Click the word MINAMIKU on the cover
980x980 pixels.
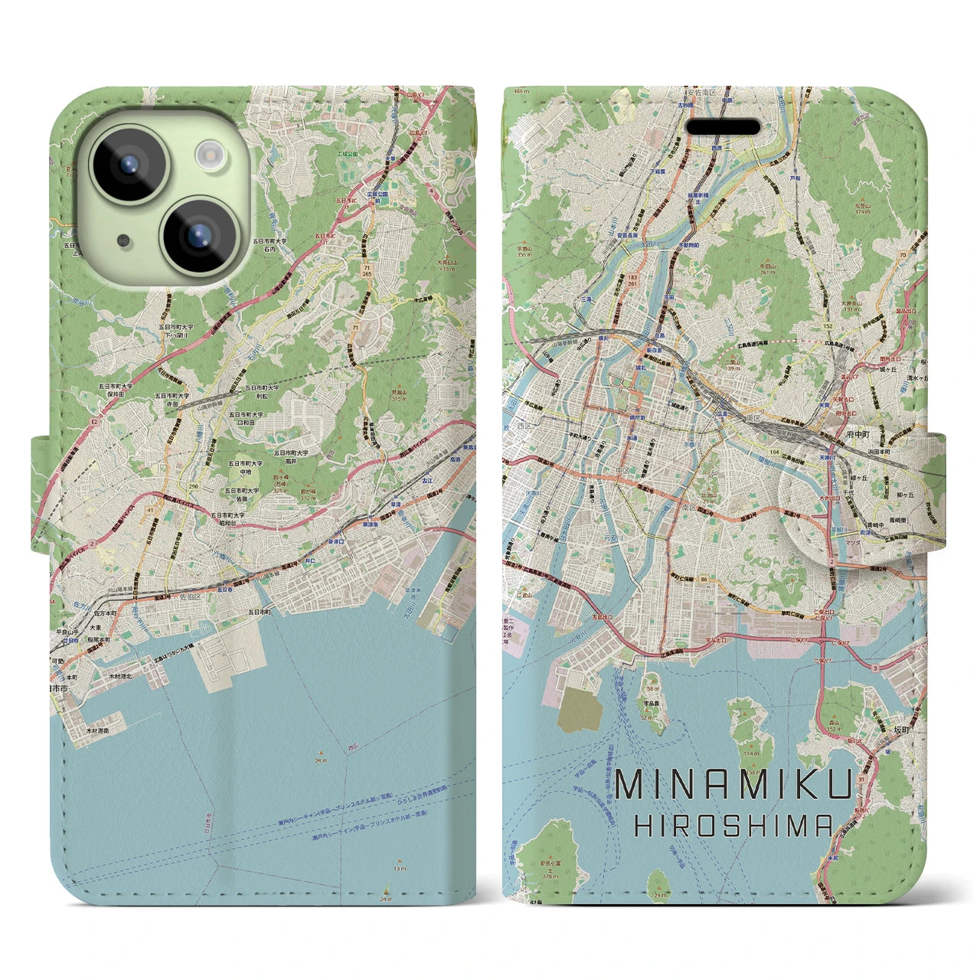(x=734, y=786)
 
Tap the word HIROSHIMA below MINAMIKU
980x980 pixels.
(x=734, y=825)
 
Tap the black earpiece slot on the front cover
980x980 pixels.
(x=722, y=127)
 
